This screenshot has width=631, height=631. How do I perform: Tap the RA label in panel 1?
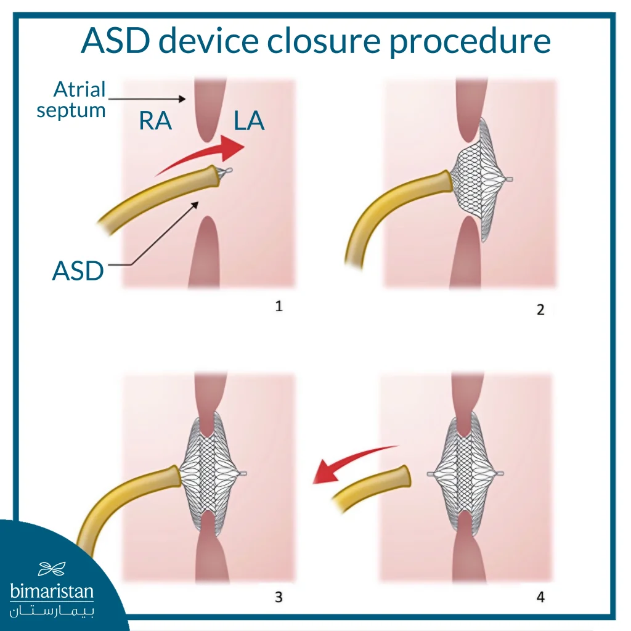(x=155, y=121)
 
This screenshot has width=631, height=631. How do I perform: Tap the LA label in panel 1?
(x=249, y=121)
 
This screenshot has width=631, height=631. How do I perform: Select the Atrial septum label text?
(x=71, y=100)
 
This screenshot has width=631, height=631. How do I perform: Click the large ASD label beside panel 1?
(x=78, y=271)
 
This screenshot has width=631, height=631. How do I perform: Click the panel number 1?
(x=279, y=306)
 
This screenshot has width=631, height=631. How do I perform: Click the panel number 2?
(x=540, y=309)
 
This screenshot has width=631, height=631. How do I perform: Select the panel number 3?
(x=279, y=596)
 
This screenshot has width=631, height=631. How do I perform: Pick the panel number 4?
(x=540, y=596)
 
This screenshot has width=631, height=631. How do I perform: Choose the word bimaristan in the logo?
(x=52, y=592)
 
